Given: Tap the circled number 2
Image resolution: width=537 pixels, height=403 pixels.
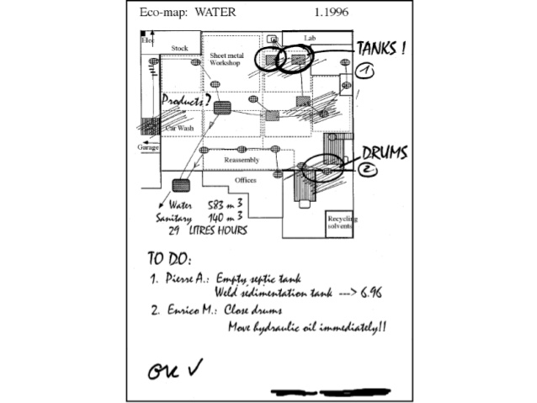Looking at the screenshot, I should (x=369, y=170).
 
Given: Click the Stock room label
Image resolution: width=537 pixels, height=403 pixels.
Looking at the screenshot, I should (x=179, y=49).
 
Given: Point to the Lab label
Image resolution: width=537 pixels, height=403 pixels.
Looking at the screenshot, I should (x=310, y=39).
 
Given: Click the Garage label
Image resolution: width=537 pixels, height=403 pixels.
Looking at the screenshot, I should (x=148, y=147).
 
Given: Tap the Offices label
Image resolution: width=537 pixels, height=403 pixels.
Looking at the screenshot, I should (x=246, y=180).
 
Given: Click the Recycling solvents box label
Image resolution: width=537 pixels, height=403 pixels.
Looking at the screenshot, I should (x=342, y=223).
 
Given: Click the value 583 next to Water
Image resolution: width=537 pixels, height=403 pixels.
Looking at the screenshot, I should (x=219, y=205).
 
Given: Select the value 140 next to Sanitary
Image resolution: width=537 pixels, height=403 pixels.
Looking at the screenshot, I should (x=219, y=218).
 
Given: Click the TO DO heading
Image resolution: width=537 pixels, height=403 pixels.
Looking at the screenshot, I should (x=169, y=257).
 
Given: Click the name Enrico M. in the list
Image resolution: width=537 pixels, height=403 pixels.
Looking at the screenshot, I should (x=185, y=310).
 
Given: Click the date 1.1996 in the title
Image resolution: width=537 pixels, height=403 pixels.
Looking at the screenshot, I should (x=332, y=13).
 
